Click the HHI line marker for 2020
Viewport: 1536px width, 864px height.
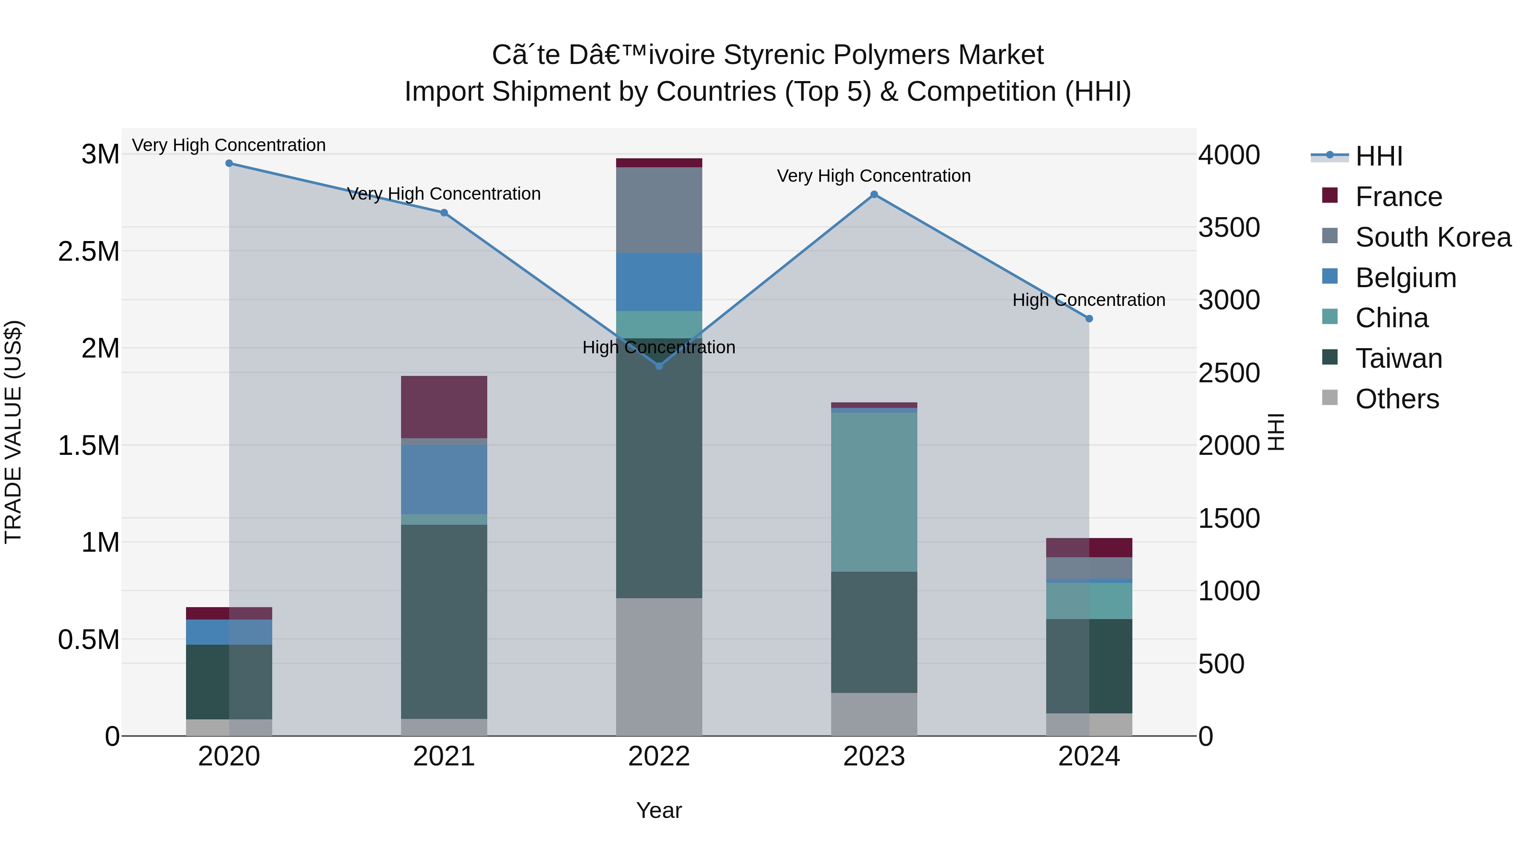click(x=229, y=163)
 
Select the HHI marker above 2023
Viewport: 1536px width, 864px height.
click(x=874, y=195)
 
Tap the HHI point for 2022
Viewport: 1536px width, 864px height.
click(x=659, y=366)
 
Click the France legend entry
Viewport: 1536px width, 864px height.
click(x=1398, y=197)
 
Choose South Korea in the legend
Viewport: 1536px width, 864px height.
click(x=1432, y=237)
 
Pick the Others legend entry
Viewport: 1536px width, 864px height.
click(x=1396, y=399)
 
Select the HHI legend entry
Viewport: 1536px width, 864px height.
click(x=1378, y=156)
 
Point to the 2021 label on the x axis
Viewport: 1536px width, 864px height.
click(x=444, y=756)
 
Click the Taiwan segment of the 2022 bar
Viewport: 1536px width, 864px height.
click(x=659, y=468)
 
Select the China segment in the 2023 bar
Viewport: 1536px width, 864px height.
click(x=874, y=492)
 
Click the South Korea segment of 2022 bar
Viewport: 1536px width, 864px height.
click(x=659, y=210)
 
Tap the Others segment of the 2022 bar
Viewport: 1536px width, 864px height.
click(x=659, y=666)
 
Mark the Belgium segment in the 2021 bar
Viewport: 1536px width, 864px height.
click(x=444, y=480)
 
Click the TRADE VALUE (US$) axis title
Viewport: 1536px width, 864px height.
click(x=13, y=432)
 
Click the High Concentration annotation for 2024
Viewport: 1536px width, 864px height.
click(x=1089, y=300)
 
